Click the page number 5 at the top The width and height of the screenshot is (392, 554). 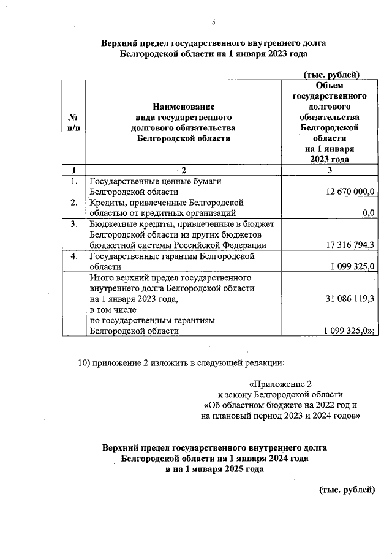click(x=214, y=23)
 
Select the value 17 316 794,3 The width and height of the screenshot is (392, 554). click(x=347, y=245)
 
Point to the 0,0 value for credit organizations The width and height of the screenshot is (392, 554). click(x=368, y=213)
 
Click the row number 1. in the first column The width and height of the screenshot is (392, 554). click(x=73, y=181)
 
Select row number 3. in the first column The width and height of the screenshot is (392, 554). click(x=73, y=224)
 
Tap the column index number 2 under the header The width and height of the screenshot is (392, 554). click(x=182, y=170)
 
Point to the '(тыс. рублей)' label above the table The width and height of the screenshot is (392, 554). click(x=331, y=75)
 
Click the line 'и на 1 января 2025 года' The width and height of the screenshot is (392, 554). click(x=214, y=469)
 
